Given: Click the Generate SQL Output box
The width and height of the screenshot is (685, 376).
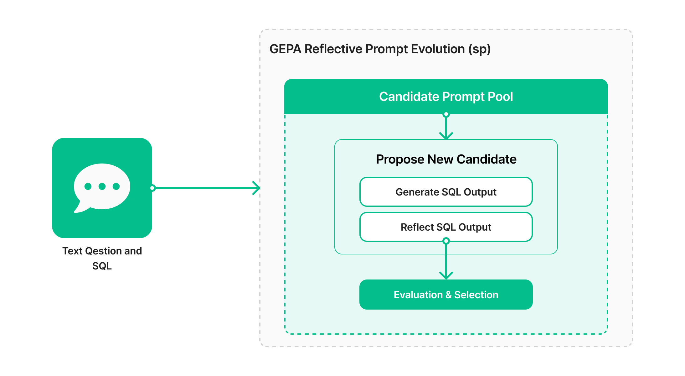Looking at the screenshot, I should (x=446, y=192).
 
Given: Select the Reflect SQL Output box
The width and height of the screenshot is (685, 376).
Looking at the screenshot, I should (x=446, y=227).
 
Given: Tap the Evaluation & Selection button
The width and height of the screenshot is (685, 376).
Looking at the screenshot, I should (x=446, y=295).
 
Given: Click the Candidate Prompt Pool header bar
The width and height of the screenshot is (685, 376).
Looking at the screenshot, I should (x=446, y=97).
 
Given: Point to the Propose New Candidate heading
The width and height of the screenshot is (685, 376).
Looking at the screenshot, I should (x=446, y=159).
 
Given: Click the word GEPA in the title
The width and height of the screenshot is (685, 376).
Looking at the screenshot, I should (x=285, y=49).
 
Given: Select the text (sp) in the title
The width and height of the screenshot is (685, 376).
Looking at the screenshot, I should (x=479, y=49).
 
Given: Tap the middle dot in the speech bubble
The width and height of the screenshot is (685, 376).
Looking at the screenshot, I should (x=102, y=186).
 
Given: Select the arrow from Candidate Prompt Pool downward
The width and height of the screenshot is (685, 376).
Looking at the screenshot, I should (x=446, y=127).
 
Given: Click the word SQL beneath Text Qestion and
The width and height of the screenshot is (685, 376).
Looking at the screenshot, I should (x=102, y=266).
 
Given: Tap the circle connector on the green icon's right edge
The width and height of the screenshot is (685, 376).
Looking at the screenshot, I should (x=152, y=188).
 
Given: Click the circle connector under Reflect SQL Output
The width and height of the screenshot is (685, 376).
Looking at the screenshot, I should (x=446, y=241).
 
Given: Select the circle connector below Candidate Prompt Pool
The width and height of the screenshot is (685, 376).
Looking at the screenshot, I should (x=446, y=114).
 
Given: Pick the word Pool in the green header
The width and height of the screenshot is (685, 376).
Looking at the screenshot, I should (x=500, y=97).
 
